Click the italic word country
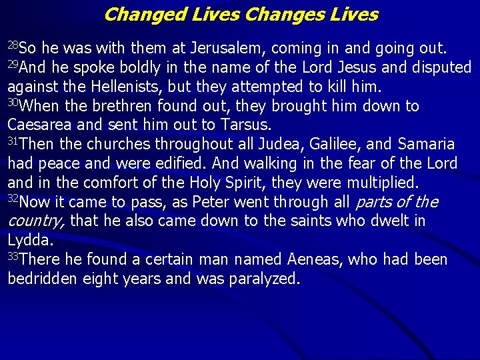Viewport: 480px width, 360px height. click(x=35, y=221)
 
